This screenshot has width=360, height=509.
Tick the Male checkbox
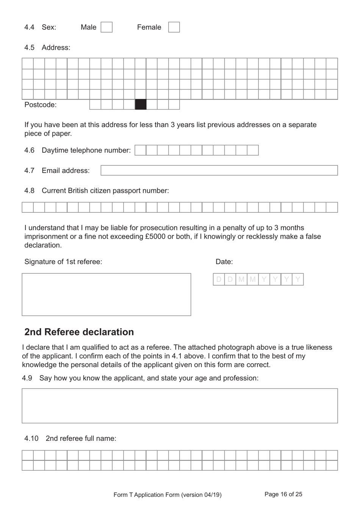click(106, 27)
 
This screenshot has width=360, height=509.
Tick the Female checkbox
click(174, 27)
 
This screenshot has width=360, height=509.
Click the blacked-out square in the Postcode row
click(141, 104)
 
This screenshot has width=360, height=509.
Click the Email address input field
click(219, 170)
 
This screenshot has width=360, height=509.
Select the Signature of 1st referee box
click(106, 294)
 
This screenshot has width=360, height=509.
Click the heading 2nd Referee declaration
click(79, 332)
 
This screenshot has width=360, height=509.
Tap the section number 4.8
click(29, 191)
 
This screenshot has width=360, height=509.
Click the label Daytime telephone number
click(86, 151)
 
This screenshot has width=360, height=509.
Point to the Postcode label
click(40, 105)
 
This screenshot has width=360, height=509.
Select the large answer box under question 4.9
click(180, 405)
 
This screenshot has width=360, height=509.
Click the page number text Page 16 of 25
click(283, 494)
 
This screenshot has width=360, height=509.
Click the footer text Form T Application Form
click(167, 495)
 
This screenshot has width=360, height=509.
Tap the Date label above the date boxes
click(224, 262)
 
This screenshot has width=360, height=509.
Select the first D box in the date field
click(219, 280)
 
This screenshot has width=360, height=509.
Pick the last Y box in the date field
click(298, 280)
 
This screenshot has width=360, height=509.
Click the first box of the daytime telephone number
click(140, 150)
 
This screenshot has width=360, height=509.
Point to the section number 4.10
click(31, 438)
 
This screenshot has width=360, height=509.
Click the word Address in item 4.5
click(56, 48)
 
